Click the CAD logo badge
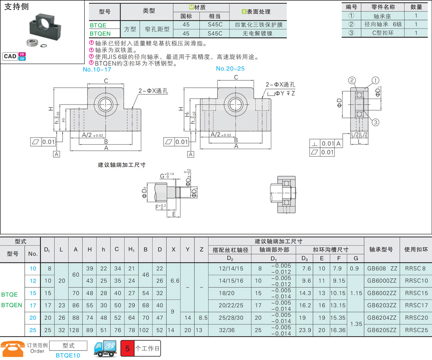[14, 56]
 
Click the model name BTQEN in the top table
[100, 34]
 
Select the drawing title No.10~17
[97, 70]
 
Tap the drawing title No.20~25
[230, 69]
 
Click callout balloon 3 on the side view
[375, 122]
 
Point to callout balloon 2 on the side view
[352, 80]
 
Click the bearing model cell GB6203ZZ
[381, 306]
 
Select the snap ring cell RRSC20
[416, 318]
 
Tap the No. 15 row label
[33, 293]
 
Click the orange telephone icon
[13, 349]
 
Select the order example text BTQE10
[68, 355]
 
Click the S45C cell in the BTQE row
[215, 25]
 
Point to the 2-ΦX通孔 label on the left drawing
[153, 91]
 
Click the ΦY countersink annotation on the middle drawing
[281, 93]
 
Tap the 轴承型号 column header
[381, 249]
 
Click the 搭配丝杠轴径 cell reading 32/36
[227, 330]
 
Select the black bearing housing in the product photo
[45, 27]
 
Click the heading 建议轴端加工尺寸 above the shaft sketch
[122, 165]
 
